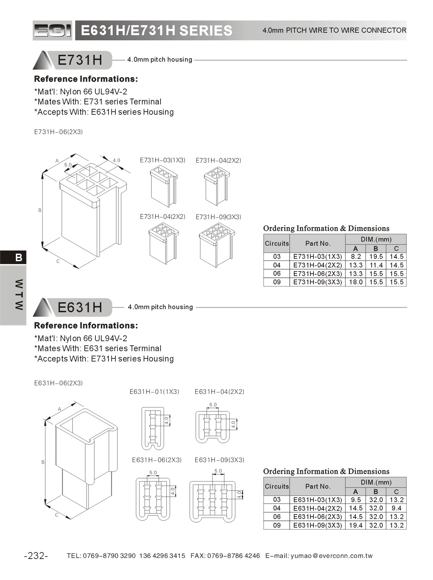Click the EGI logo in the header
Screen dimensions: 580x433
(x=52, y=30)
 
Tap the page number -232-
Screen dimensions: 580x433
(x=36, y=556)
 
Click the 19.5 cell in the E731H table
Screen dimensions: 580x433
(x=376, y=257)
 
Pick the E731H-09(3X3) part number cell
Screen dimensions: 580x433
(x=317, y=282)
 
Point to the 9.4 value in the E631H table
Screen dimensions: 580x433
(x=396, y=508)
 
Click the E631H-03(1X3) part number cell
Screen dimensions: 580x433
(x=317, y=500)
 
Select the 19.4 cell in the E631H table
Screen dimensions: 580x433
(x=355, y=526)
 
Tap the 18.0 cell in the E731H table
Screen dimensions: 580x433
(x=355, y=282)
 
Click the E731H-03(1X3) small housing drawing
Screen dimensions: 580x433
(x=164, y=186)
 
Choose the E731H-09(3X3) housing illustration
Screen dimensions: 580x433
(x=216, y=244)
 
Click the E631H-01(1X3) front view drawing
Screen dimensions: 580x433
(x=153, y=428)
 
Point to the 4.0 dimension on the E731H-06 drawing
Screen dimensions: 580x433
(x=116, y=160)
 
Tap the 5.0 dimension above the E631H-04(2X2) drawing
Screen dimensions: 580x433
(x=213, y=405)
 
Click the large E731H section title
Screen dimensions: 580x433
(x=80, y=60)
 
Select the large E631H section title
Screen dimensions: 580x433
(x=80, y=307)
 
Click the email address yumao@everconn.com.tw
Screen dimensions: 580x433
(x=331, y=556)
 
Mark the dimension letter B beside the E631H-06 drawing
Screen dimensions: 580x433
(x=43, y=462)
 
